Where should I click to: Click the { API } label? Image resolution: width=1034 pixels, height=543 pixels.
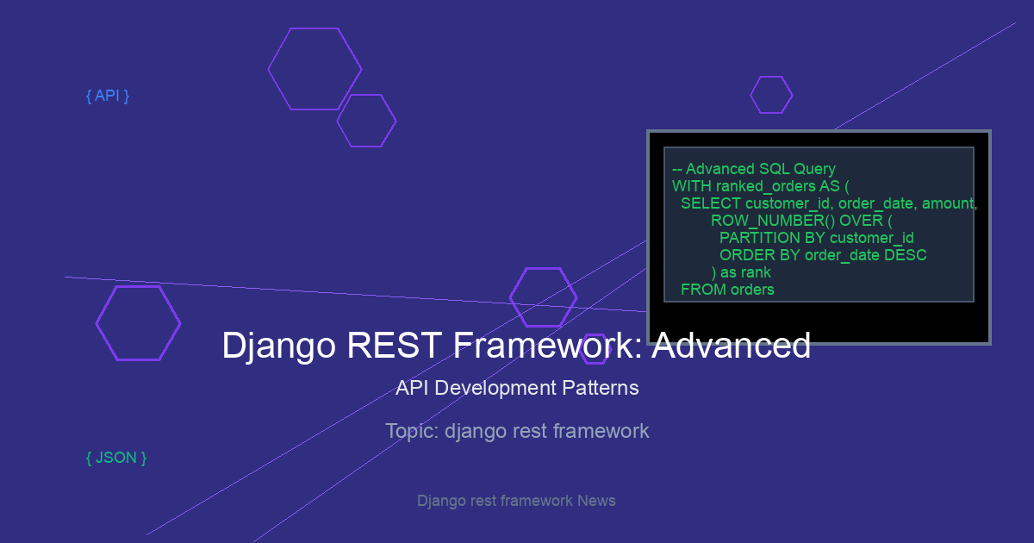108,96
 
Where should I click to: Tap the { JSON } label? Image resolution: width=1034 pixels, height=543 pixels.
116,458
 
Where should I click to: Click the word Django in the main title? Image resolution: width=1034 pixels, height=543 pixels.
279,346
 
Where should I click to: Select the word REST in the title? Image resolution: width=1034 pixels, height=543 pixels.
394,345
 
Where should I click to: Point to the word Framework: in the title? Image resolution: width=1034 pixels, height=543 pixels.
547,345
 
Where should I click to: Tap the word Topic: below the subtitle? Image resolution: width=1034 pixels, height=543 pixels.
412,431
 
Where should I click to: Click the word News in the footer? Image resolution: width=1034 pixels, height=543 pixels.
596,501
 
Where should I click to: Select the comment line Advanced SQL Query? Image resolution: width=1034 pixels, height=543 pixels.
754,169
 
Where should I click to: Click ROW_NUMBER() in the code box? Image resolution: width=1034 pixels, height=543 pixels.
773,221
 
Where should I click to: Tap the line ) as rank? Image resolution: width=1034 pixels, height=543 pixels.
741,272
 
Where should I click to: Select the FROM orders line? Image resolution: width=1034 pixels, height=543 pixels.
727,290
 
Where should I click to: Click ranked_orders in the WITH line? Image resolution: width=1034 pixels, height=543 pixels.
765,186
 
